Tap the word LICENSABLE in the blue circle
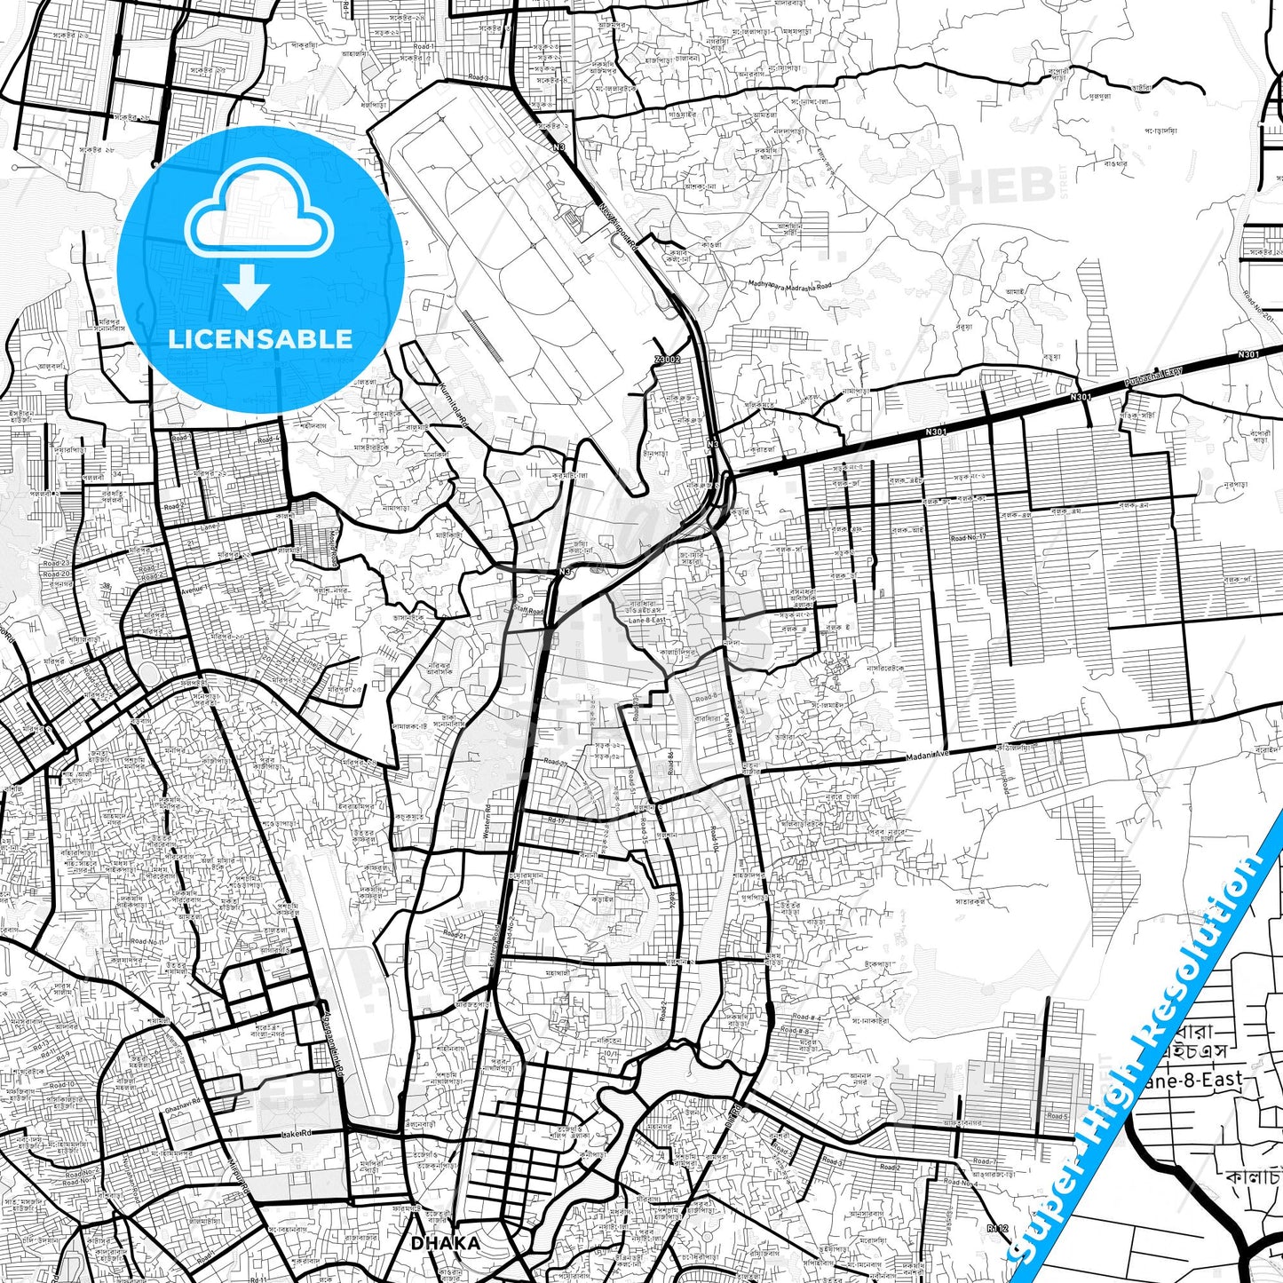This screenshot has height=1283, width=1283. pos(260,338)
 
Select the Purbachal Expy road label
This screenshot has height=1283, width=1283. pos(1155,377)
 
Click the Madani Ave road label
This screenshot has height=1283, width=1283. pos(929,756)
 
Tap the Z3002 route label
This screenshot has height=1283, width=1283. pos(667,360)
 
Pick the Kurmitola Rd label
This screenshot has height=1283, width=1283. pos(454,406)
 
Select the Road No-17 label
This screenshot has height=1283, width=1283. pos(969,537)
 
